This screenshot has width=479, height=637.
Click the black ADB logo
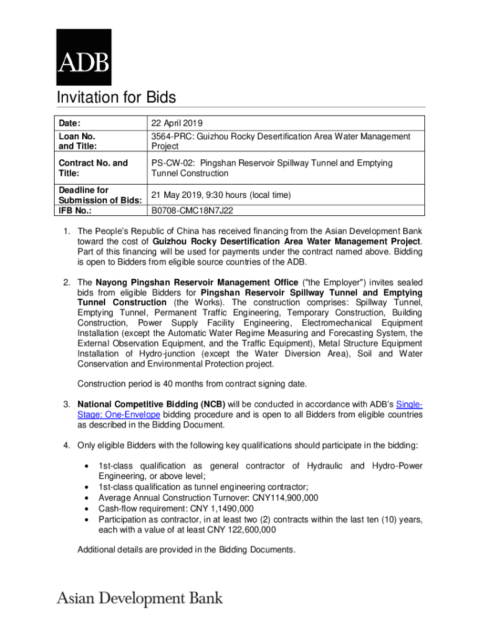point(84,57)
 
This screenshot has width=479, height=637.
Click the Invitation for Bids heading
point(116,98)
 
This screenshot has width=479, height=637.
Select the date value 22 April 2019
point(177,123)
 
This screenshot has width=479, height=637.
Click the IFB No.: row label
point(76,211)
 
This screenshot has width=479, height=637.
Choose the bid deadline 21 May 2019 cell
point(221,195)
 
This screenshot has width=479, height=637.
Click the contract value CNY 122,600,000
point(239,530)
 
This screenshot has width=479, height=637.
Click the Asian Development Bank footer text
point(140,599)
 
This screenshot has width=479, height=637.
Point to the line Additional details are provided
point(185,549)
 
